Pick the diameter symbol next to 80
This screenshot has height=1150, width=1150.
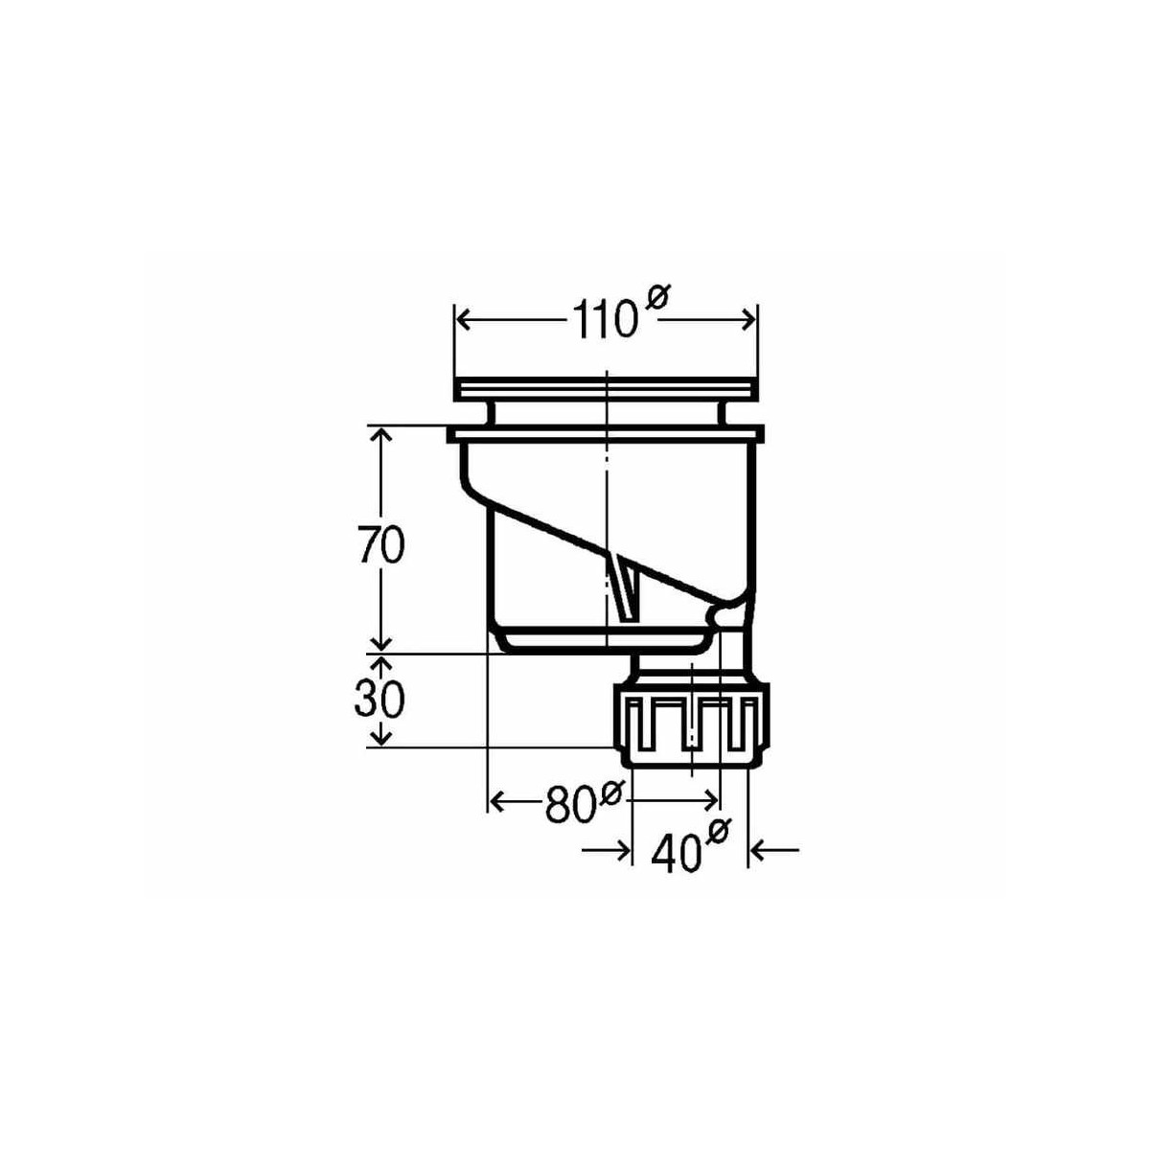tap(611, 792)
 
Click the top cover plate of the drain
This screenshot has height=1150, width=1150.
tap(606, 389)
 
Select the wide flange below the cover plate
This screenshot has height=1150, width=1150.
tap(606, 436)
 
